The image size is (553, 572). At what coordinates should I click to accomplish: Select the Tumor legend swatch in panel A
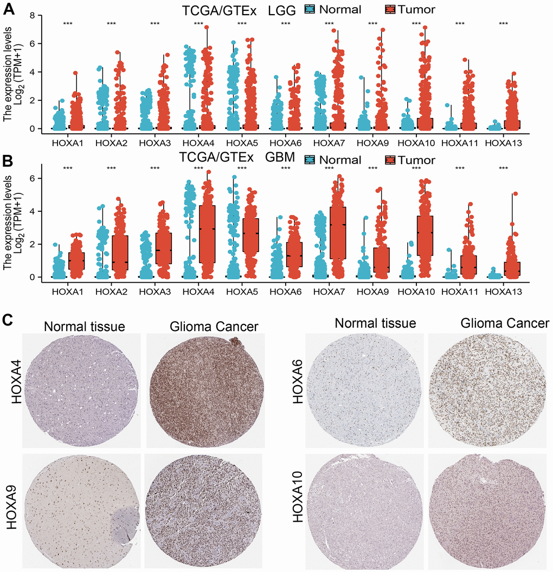[391, 9]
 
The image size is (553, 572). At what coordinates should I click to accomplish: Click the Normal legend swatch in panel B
[310, 160]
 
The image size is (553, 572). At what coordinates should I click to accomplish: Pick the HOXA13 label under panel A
[503, 143]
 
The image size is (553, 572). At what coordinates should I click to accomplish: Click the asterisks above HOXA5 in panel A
[242, 24]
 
